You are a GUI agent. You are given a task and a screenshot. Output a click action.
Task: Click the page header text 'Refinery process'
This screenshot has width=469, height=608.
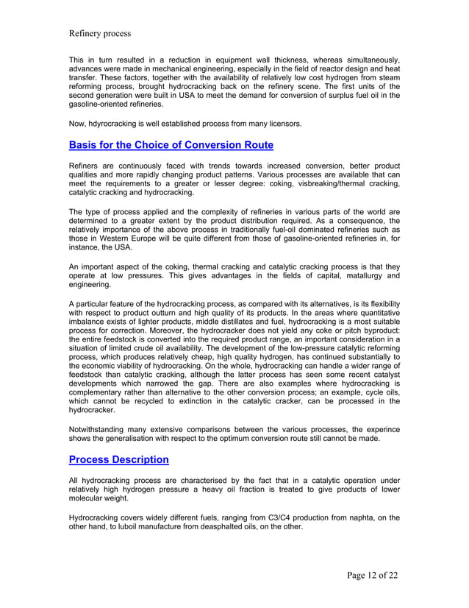pyautogui.click(x=99, y=33)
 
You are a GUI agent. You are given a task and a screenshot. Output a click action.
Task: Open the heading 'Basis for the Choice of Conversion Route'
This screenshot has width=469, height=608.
pyautogui.click(x=171, y=145)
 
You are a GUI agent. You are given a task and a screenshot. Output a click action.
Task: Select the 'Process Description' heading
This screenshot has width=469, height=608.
pyautogui.click(x=118, y=459)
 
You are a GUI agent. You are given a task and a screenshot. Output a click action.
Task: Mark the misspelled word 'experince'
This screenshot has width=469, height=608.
pyautogui.click(x=378, y=428)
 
